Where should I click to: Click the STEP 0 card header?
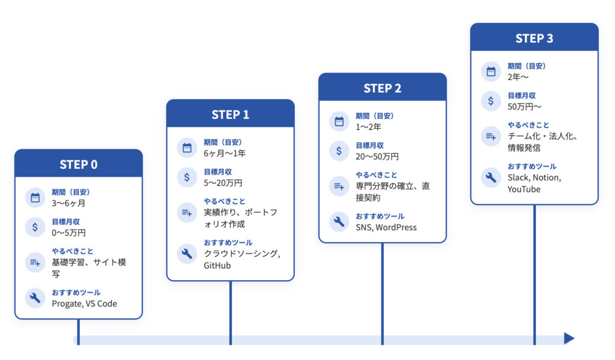pyautogui.click(x=79, y=164)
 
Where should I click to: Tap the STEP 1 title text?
pyautogui.click(x=230, y=114)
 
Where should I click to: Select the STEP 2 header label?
pyautogui.click(x=383, y=88)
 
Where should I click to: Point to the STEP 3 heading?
pyautogui.click(x=534, y=38)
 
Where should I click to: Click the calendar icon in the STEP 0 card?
pyautogui.click(x=35, y=198)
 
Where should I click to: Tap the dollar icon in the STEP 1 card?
pyautogui.click(x=187, y=177)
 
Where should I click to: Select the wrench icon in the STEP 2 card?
pyautogui.click(x=339, y=222)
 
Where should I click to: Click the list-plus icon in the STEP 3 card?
pyautogui.click(x=491, y=136)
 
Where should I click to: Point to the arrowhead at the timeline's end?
pyautogui.click(x=569, y=338)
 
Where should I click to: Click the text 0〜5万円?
pyautogui.click(x=68, y=233)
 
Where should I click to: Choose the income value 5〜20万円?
pyautogui.click(x=223, y=183)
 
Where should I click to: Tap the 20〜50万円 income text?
pyautogui.click(x=377, y=157)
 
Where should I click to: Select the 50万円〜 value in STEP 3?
pyautogui.click(x=524, y=107)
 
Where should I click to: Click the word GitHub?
pyautogui.click(x=217, y=266)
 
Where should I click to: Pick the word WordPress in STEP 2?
pyautogui.click(x=396, y=227)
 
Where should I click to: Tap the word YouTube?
pyautogui.click(x=524, y=189)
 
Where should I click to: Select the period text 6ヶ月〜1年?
pyautogui.click(x=225, y=153)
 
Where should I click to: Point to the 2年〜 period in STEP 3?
pyautogui.click(x=518, y=77)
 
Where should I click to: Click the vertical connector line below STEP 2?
pyautogui.click(x=383, y=294)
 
